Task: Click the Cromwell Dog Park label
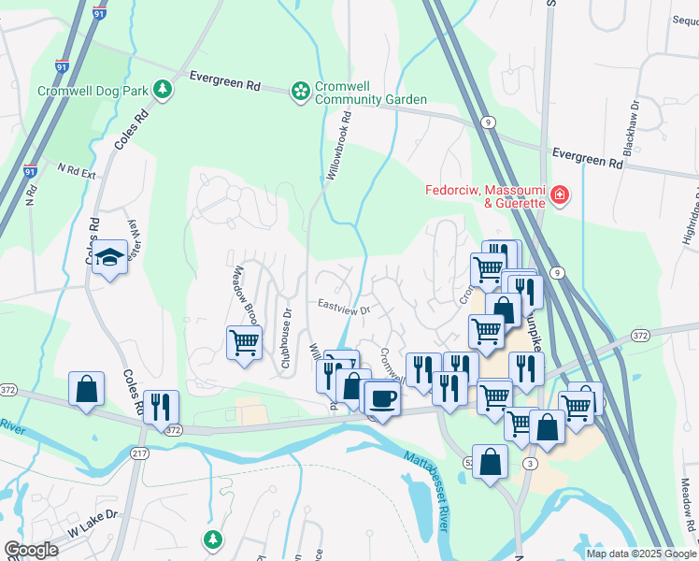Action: click(92, 92)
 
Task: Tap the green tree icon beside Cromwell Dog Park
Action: click(164, 89)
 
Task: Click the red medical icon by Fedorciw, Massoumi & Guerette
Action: click(560, 195)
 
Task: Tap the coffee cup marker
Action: click(381, 399)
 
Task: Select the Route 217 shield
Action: click(139, 453)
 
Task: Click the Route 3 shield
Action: click(530, 464)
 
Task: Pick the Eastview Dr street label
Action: click(344, 307)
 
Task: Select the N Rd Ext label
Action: click(77, 171)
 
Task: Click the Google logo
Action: click(31, 550)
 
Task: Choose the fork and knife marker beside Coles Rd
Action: click(164, 407)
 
